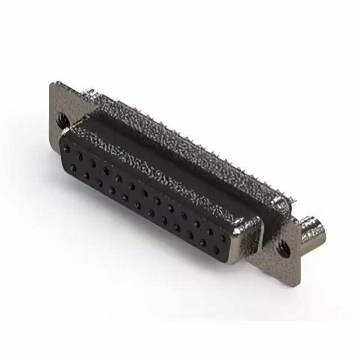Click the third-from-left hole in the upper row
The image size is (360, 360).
[x=93, y=163]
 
